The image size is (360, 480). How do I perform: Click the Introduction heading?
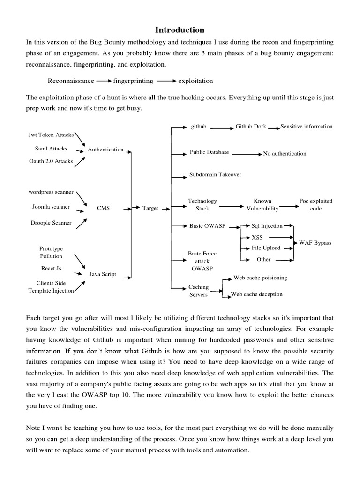180,30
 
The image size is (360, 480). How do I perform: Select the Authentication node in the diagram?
105,150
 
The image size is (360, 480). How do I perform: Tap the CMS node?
103,208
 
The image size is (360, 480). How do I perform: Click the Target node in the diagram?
150,208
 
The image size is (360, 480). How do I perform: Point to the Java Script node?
103,274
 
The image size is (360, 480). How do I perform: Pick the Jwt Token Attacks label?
51,135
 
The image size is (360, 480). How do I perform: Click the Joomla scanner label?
51,207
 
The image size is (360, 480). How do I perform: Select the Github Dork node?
251,127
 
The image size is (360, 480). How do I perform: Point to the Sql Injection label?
265,225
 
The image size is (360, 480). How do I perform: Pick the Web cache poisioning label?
260,278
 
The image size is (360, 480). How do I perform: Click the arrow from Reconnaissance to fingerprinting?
104,81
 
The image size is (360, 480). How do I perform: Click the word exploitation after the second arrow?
195,81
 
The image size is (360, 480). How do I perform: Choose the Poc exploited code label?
316,205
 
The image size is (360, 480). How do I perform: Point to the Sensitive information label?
308,127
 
